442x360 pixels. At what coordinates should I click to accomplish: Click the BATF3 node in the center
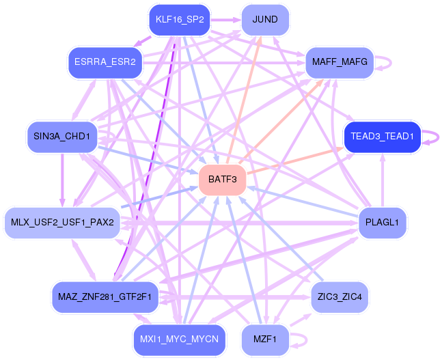coord(223,180)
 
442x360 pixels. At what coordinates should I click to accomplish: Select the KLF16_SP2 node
coord(180,20)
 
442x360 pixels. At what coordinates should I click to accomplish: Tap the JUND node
coord(265,20)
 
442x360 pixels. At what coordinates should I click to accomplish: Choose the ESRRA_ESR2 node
coord(105,63)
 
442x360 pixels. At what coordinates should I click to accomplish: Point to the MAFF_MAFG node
coord(340,63)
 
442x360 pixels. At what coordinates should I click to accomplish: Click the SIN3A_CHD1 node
coord(62,137)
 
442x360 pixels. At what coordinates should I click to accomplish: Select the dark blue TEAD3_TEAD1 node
coord(383,137)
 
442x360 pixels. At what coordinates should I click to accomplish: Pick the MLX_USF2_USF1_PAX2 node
coord(62,223)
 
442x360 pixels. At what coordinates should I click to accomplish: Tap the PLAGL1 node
coord(383,223)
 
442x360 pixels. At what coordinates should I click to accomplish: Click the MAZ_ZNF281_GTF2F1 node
coord(105,297)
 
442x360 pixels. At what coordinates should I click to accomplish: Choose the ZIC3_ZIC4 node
coord(340,297)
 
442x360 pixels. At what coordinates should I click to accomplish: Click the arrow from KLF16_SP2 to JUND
coord(225,20)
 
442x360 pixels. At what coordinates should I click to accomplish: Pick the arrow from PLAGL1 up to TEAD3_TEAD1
coord(383,180)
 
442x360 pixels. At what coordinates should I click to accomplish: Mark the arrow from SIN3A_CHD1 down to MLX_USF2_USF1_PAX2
coord(62,180)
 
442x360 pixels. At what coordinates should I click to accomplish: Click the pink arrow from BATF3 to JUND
coord(244,100)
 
